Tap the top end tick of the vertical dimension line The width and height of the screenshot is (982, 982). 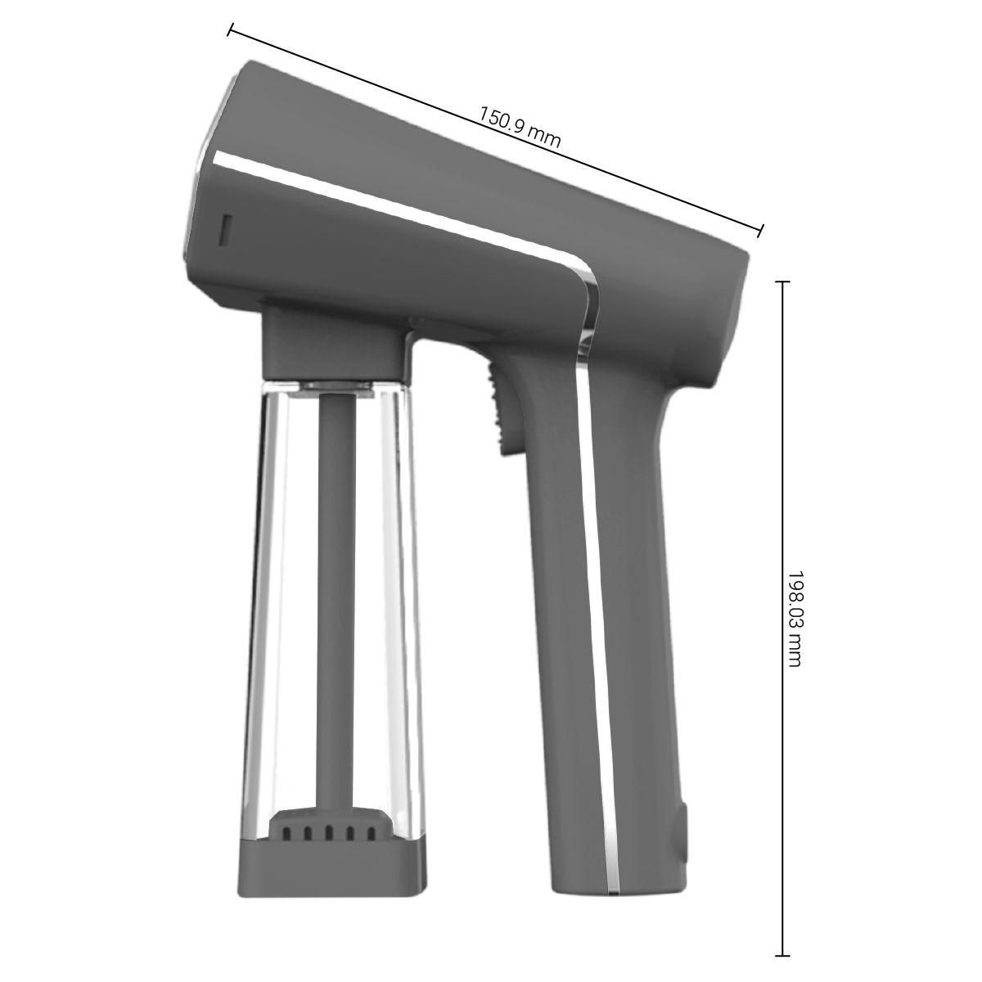tap(782, 281)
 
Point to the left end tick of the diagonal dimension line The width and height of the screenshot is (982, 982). tap(231, 29)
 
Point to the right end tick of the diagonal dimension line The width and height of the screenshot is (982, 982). tap(761, 230)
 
